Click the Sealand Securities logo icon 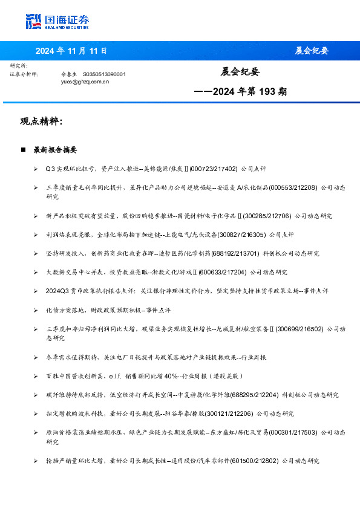coord(34,22)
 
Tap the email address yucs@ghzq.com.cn coord(85,81)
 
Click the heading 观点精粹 coord(41,122)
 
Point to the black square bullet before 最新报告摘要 coord(23,149)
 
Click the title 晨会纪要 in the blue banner coord(312,51)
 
